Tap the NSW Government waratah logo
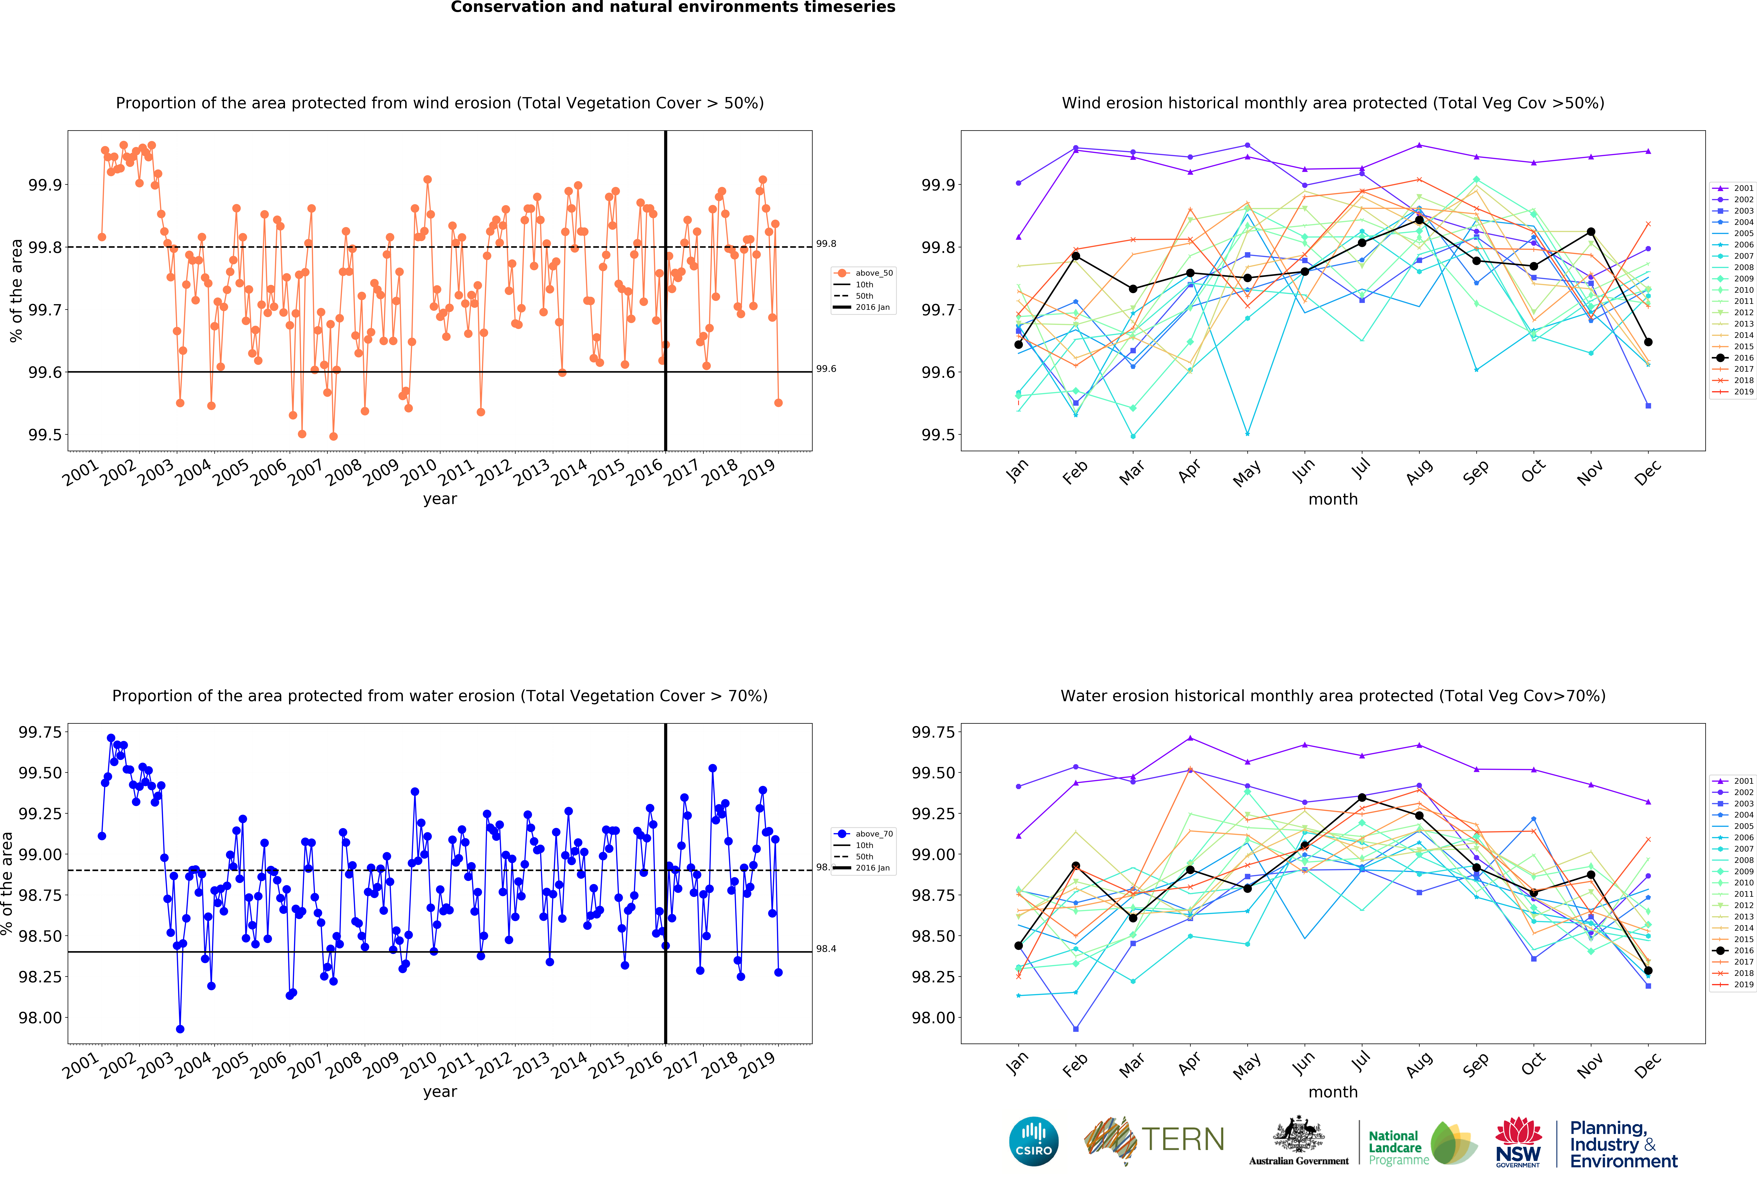[1518, 1142]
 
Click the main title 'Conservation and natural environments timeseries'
[673, 8]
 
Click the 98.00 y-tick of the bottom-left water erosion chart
[40, 1018]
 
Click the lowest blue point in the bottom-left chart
[180, 1029]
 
